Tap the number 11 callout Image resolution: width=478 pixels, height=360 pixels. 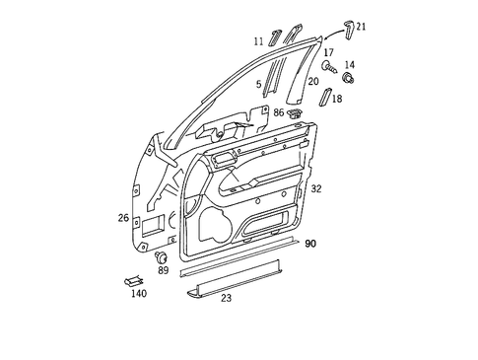[x=258, y=41]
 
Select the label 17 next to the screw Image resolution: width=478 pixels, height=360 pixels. [x=329, y=52]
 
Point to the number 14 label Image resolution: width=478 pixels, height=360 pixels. [x=349, y=64]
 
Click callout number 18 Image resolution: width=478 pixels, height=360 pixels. [x=337, y=99]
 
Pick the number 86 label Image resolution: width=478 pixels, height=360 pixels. [x=279, y=113]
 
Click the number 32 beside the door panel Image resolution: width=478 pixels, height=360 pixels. [x=315, y=187]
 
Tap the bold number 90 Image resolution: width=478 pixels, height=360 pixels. [x=310, y=243]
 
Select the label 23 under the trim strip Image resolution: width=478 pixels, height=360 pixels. [x=226, y=297]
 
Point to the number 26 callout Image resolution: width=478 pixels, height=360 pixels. [x=124, y=218]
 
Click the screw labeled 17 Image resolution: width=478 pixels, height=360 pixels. [x=328, y=67]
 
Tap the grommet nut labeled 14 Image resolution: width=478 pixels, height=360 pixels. [x=348, y=78]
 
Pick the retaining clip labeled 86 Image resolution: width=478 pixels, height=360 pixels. [x=295, y=113]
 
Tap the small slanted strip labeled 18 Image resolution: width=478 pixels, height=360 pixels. [x=323, y=95]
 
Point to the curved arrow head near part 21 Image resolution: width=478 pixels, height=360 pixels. [x=323, y=40]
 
